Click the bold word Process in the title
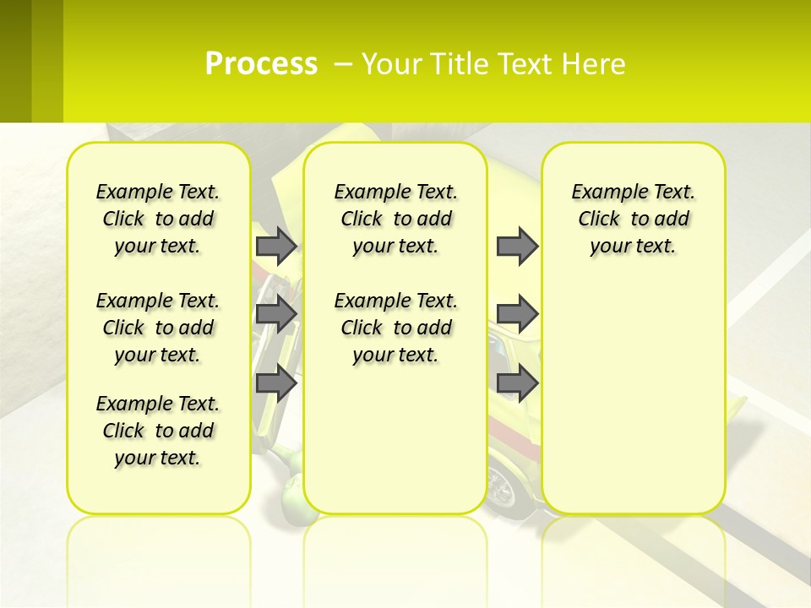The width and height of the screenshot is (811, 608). point(261,63)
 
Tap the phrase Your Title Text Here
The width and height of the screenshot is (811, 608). point(493,64)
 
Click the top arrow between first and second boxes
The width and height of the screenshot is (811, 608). point(276,246)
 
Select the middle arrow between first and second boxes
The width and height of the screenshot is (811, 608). point(276,314)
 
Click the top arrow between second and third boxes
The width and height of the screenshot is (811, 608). point(517,246)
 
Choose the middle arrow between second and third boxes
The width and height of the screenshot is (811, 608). point(517,314)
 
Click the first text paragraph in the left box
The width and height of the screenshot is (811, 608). point(158,219)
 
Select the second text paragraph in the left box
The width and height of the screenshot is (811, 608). point(158,328)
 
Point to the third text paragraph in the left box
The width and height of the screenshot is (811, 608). point(158,431)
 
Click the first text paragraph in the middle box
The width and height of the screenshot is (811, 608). point(395,219)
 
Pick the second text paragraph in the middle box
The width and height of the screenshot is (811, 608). point(395,328)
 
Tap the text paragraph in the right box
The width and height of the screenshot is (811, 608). point(633,219)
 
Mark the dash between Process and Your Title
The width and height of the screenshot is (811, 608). point(343,64)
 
